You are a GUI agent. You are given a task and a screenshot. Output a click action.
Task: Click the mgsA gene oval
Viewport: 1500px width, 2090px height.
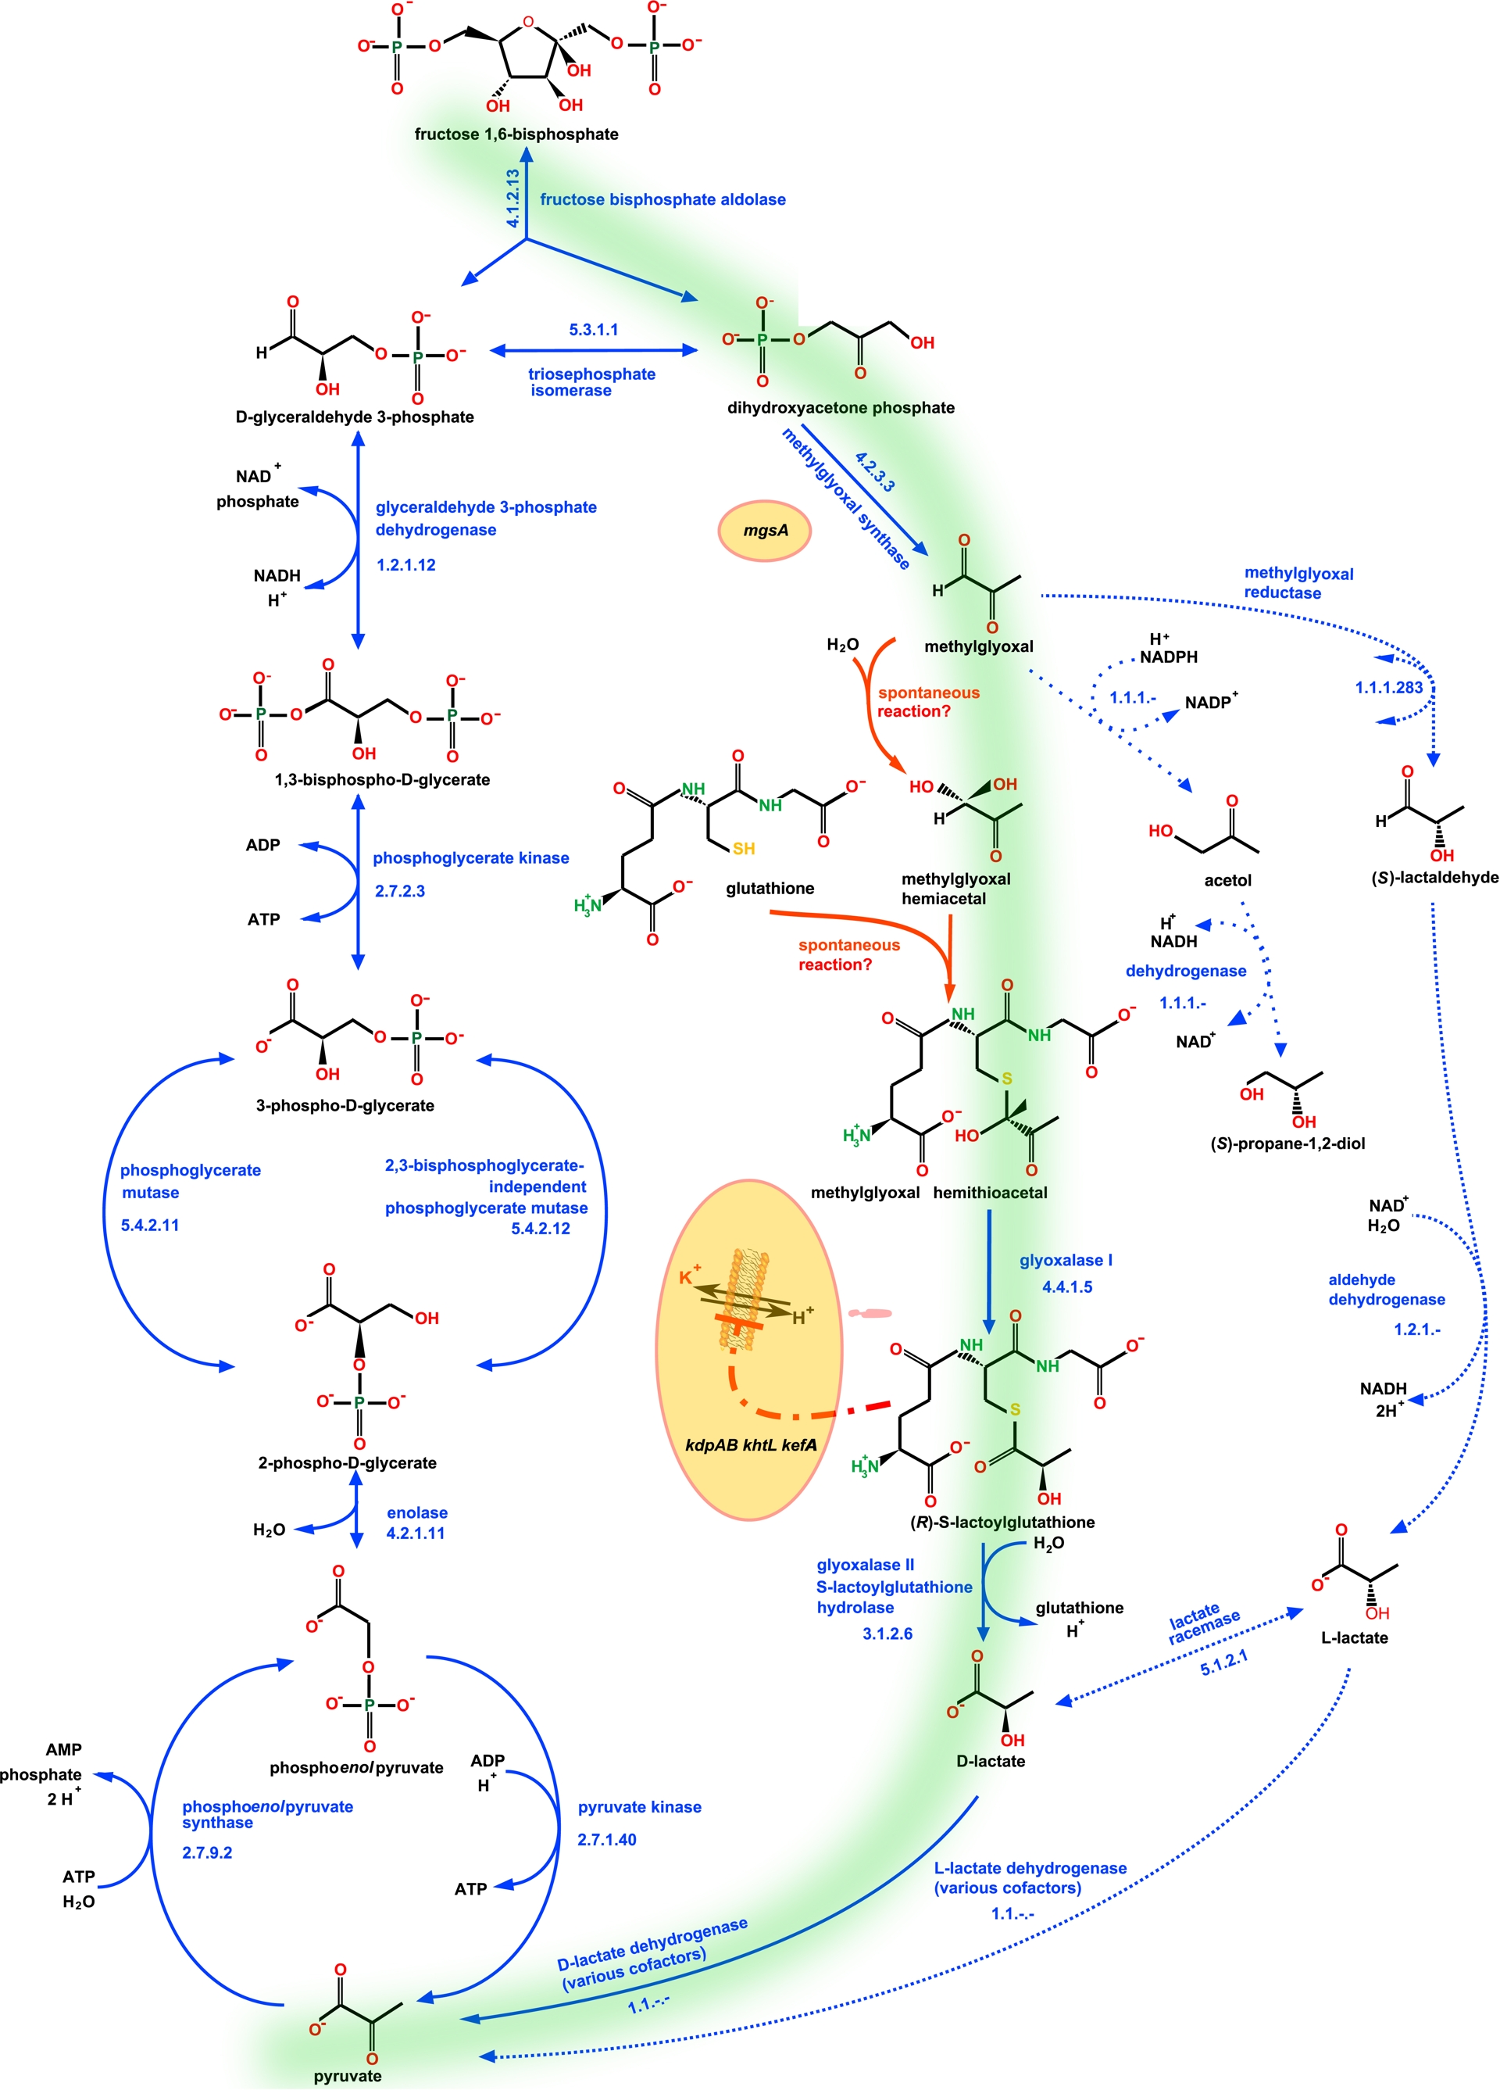tap(764, 531)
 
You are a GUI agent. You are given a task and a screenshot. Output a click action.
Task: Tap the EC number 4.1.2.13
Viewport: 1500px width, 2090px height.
tap(513, 198)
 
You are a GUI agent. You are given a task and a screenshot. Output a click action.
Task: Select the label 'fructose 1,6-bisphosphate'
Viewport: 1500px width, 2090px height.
tap(516, 134)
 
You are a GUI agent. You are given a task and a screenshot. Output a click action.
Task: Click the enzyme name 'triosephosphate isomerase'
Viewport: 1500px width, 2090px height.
tap(591, 382)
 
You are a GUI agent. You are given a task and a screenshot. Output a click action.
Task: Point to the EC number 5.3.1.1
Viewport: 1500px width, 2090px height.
tap(594, 330)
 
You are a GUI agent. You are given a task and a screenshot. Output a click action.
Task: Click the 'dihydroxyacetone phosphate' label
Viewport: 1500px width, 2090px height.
tap(841, 408)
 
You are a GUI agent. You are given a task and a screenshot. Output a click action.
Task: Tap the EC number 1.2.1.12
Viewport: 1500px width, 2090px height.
tap(406, 565)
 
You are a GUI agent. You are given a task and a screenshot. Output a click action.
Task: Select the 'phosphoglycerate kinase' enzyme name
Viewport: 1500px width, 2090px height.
tap(471, 858)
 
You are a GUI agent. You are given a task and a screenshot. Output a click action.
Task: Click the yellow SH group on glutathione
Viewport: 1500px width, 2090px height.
tap(744, 849)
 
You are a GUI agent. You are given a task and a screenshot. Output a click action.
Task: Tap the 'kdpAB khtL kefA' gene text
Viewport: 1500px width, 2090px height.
tap(751, 1445)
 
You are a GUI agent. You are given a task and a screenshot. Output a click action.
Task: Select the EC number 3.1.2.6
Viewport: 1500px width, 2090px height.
tap(887, 1634)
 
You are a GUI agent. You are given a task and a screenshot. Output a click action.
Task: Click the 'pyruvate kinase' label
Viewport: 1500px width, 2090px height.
tap(639, 1807)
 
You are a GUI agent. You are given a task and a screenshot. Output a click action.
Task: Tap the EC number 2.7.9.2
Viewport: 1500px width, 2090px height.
tap(207, 1852)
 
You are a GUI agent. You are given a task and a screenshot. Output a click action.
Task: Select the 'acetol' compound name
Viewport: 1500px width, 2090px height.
tap(1227, 880)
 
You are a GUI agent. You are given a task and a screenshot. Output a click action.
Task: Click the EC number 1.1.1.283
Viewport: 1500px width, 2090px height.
tap(1388, 688)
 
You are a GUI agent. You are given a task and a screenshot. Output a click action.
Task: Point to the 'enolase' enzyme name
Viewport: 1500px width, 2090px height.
tap(417, 1512)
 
